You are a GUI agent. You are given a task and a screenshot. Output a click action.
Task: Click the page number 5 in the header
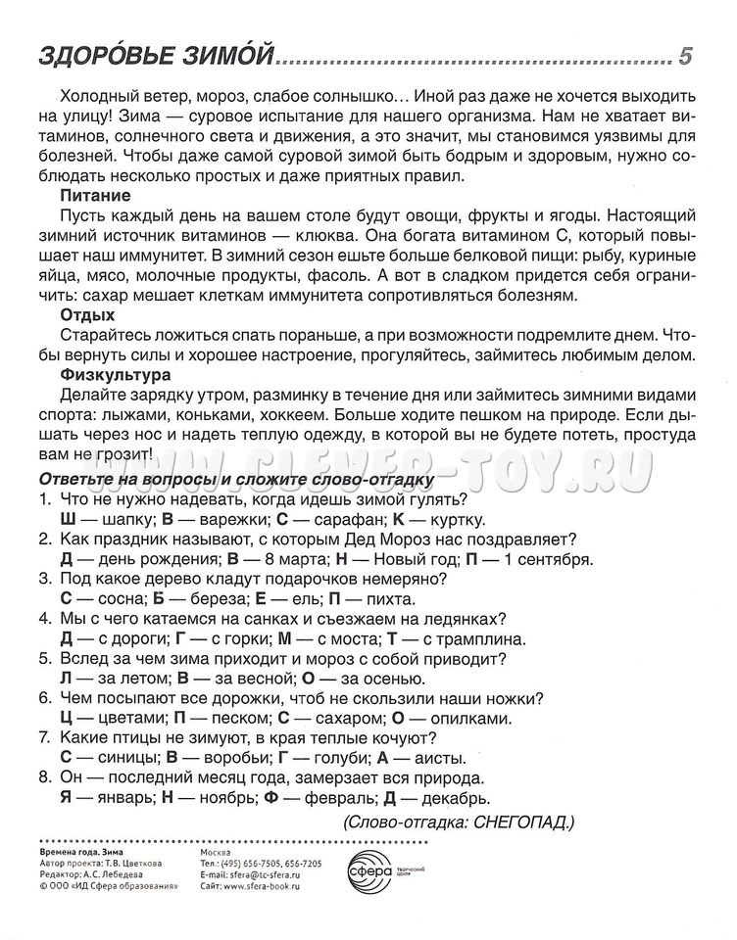[x=685, y=56]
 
